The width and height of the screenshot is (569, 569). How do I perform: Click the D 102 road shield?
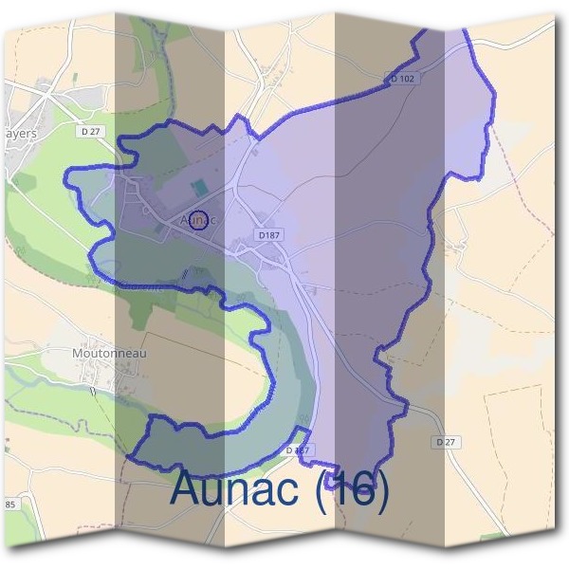coord(402,79)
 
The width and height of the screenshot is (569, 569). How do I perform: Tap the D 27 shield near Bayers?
coord(91,133)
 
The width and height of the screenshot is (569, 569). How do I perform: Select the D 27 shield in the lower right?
coord(447,443)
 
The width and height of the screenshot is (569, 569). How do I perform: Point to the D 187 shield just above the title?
coord(298,450)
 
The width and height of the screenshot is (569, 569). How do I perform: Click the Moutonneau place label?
coord(109,353)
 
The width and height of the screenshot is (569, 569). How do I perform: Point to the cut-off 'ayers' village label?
coord(18,134)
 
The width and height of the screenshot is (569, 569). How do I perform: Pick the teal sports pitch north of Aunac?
coord(196,190)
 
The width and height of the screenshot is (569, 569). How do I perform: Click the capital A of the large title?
coord(188,488)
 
